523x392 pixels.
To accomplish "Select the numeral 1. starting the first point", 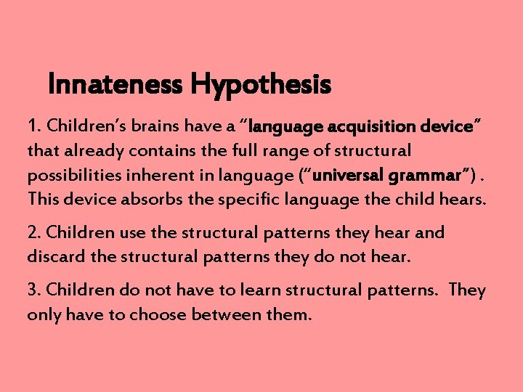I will [33, 126].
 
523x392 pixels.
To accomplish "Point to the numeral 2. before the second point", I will [34, 233].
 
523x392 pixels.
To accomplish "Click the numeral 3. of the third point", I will [34, 290].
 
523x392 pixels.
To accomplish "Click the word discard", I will [50, 257].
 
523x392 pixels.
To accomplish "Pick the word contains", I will [139, 151].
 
